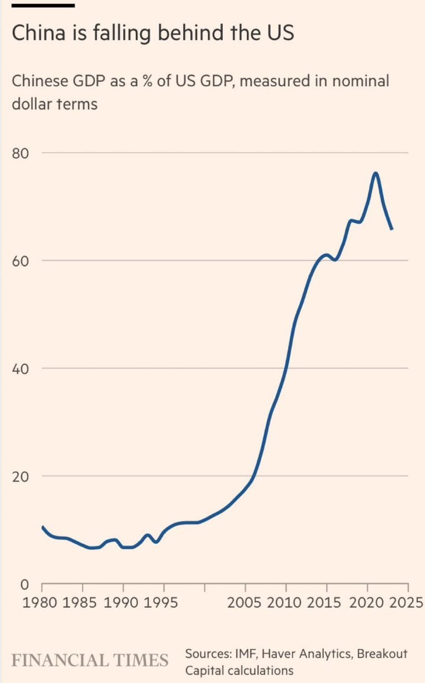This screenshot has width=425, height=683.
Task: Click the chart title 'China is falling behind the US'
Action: pyautogui.click(x=153, y=34)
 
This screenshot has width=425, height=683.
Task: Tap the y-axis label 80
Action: pyautogui.click(x=21, y=153)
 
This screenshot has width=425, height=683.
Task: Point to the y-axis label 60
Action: pyautogui.click(x=21, y=261)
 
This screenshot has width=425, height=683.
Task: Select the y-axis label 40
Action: pyautogui.click(x=21, y=369)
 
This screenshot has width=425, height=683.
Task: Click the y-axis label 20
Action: pyautogui.click(x=21, y=476)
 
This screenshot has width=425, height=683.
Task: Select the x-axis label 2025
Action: pyautogui.click(x=407, y=603)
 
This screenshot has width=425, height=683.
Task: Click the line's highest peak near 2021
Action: pyautogui.click(x=375, y=173)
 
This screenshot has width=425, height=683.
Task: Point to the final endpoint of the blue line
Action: pyautogui.click(x=392, y=228)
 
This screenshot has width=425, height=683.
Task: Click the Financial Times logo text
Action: pyautogui.click(x=90, y=660)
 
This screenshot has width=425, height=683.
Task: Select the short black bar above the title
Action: pyautogui.click(x=43, y=6)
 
